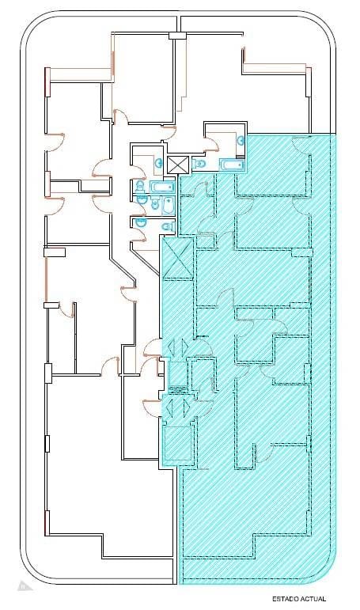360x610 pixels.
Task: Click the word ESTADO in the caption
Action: point(288,600)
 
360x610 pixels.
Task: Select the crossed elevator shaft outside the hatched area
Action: point(178,165)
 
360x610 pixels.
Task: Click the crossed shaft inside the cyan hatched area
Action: point(175,257)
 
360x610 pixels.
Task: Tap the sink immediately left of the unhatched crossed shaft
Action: point(159,163)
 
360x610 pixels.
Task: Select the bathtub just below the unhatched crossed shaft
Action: point(161,187)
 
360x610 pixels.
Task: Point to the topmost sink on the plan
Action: point(239,140)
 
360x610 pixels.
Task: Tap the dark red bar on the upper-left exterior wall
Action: point(47,78)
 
